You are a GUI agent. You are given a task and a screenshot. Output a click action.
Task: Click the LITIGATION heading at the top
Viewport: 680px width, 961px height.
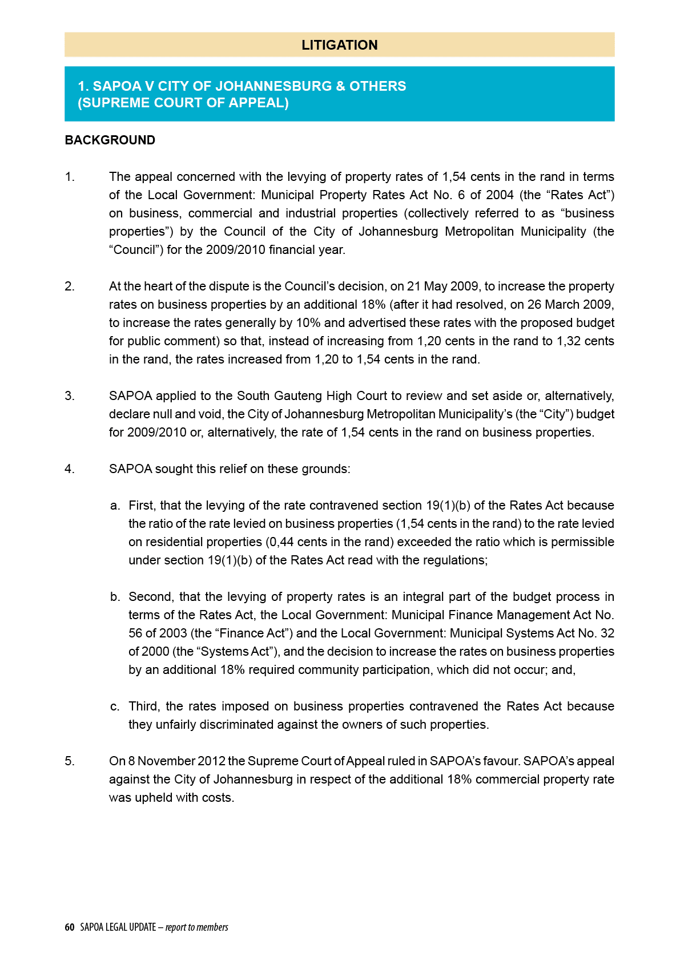pos(339,45)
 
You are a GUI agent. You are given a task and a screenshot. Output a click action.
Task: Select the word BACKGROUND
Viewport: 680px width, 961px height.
pos(110,140)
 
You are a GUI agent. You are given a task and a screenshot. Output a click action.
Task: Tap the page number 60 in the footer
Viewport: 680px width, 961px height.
pos(70,927)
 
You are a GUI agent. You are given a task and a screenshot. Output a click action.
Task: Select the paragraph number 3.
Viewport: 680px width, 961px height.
pos(69,396)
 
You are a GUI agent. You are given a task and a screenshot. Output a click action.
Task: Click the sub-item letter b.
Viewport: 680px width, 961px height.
pos(115,597)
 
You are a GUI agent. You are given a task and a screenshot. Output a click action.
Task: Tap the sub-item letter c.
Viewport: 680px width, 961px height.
pos(115,706)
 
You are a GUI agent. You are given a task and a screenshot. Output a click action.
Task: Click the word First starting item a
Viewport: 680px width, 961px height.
pos(141,506)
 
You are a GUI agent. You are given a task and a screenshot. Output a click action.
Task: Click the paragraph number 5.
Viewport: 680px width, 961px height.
pos(69,761)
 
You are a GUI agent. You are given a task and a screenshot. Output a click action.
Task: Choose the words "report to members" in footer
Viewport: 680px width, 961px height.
pos(197,927)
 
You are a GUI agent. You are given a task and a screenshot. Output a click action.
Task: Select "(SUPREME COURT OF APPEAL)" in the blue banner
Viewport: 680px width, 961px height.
pos(183,103)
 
